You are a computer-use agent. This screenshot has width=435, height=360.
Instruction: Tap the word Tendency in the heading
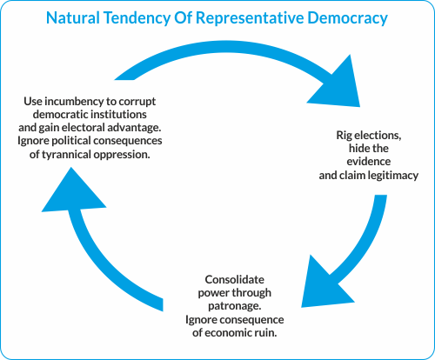coord(137,18)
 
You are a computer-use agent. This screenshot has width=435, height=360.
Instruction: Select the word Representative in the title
coord(250,18)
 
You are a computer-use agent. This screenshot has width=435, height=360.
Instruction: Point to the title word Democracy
coord(347,18)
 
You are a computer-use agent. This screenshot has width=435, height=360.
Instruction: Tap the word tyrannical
coord(67,155)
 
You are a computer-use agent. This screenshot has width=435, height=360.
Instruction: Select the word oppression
coord(122,155)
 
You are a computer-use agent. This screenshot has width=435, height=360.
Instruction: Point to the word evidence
coord(369,162)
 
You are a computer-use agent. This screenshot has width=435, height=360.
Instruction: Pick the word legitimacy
coord(393,176)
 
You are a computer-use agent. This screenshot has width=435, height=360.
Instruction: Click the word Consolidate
coord(235,280)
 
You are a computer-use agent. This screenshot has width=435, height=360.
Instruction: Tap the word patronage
coord(235,306)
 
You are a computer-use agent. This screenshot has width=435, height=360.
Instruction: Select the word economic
coord(229,333)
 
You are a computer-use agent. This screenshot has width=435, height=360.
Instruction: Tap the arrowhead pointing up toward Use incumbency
coord(72,193)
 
